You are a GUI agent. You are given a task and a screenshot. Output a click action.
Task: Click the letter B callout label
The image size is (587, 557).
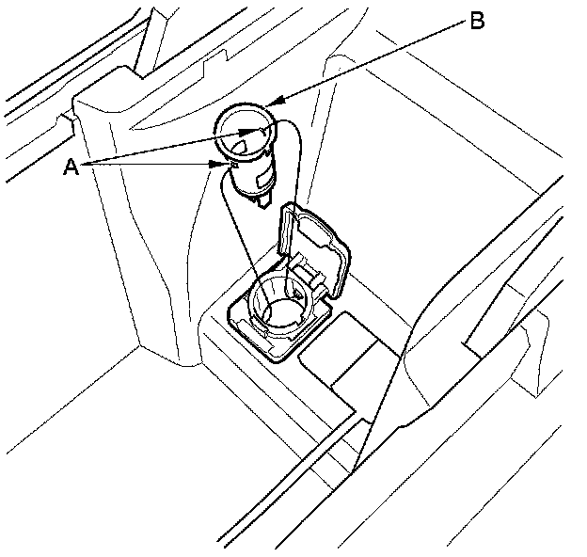pos(477,22)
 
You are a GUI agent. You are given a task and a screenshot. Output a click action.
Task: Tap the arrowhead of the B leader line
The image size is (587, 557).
pos(270,101)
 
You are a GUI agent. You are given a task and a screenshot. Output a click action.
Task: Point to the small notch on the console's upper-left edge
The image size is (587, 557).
pos(67,119)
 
